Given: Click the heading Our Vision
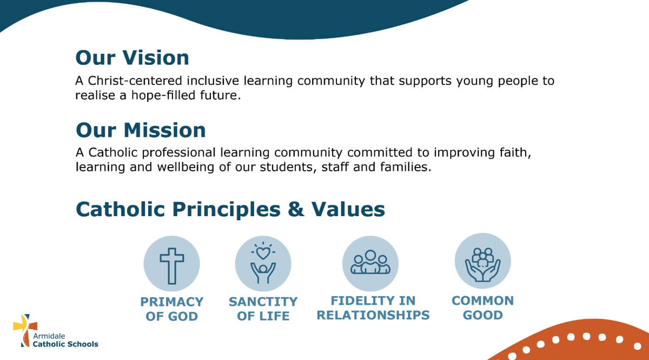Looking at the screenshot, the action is pyautogui.click(x=132, y=58).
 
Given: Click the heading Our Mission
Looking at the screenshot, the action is pyautogui.click(x=141, y=130).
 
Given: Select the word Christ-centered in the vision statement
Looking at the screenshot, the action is pyautogui.click(x=135, y=81).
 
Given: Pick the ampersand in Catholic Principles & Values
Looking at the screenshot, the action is pyautogui.click(x=296, y=209).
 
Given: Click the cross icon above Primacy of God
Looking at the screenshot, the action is pyautogui.click(x=172, y=266).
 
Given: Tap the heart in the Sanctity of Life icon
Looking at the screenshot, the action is pyautogui.click(x=263, y=253).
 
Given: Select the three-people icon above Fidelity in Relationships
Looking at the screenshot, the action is pyautogui.click(x=370, y=262).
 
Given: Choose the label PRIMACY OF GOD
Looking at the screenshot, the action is pyautogui.click(x=172, y=309).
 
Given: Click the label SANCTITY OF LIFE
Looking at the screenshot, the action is pyautogui.click(x=263, y=309).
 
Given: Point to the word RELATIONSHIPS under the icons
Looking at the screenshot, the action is pyautogui.click(x=373, y=315).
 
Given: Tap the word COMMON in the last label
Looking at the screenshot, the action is pyautogui.click(x=482, y=301).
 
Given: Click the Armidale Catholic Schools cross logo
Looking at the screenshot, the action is pyautogui.click(x=25, y=330).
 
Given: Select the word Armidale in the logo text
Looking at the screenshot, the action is pyautogui.click(x=49, y=336).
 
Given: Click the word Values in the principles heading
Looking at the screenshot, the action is pyautogui.click(x=348, y=209).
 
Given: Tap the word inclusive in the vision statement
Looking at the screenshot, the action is pyautogui.click(x=213, y=81).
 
